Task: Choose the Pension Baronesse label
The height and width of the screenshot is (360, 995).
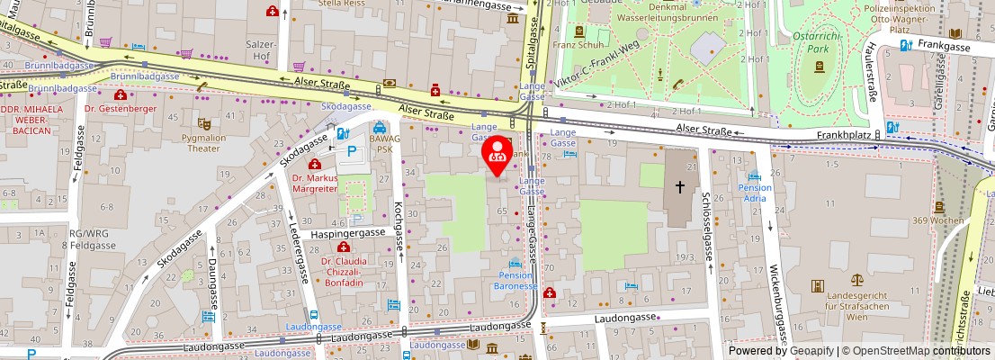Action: (515, 280)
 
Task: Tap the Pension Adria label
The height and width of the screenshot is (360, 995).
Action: (754, 193)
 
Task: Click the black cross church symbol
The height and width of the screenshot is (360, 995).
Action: (680, 186)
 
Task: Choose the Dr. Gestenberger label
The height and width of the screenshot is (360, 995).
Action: (121, 109)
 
